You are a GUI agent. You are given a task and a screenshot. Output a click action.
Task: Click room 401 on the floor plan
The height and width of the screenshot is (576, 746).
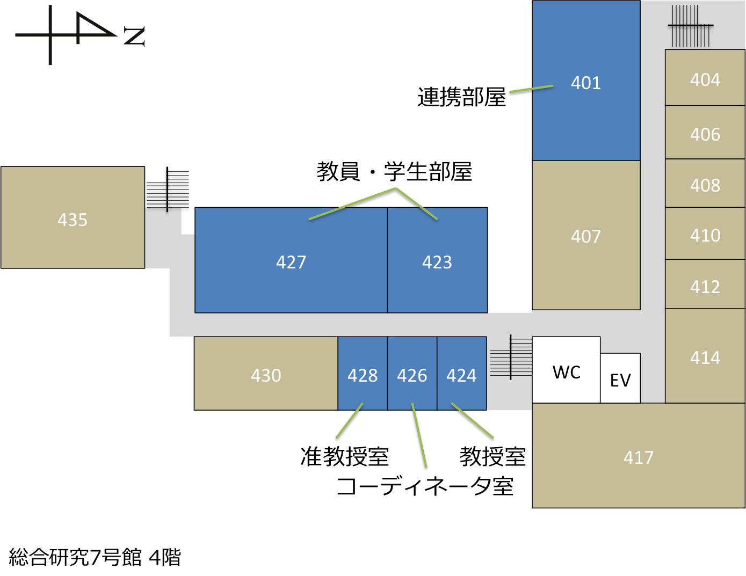585,81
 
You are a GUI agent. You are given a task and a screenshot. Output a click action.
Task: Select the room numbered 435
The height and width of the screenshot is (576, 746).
73,217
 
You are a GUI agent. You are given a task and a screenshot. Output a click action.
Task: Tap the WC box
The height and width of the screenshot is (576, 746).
566,369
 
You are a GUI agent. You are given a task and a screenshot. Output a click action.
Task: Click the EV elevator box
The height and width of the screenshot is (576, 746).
620,378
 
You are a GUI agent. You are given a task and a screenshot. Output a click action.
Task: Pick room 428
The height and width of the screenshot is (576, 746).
363,373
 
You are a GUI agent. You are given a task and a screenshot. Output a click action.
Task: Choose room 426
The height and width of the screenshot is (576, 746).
412,373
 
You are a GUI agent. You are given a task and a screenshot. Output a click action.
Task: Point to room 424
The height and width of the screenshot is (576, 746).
462,373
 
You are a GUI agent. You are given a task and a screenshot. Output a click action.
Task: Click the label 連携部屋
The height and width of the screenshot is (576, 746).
461,97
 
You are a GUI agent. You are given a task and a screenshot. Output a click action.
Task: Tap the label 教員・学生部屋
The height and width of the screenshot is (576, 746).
394,171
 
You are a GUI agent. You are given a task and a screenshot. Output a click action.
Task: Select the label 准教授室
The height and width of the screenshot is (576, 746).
345,457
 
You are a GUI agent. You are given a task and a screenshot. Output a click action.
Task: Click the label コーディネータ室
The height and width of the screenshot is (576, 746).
425,486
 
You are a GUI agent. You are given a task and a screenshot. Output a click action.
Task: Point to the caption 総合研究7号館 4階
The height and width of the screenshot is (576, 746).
95,557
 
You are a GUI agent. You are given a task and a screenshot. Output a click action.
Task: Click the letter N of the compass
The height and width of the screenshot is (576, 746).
134,37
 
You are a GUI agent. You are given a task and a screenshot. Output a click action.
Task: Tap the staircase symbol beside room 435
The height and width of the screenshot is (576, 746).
168,189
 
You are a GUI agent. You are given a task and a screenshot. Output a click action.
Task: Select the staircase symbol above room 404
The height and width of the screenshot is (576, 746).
690,26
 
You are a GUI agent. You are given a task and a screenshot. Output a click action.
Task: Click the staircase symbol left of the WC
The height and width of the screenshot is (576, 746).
511,357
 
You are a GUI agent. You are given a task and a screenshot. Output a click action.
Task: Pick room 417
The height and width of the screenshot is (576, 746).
639,456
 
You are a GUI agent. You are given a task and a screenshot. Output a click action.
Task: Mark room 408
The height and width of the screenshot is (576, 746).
705,183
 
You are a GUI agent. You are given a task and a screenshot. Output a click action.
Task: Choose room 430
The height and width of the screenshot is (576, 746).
266,373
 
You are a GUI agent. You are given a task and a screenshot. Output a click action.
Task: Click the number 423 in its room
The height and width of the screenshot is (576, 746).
437,262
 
